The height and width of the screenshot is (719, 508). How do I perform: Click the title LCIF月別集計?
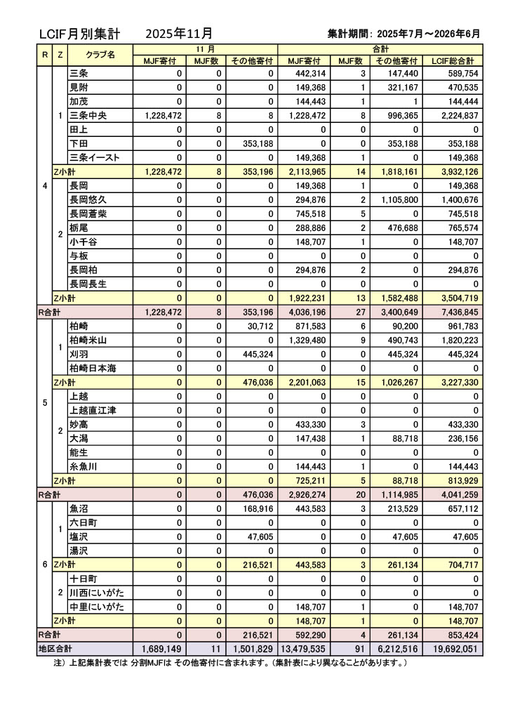pos(80,34)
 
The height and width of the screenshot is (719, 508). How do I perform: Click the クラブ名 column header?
pos(100,54)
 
